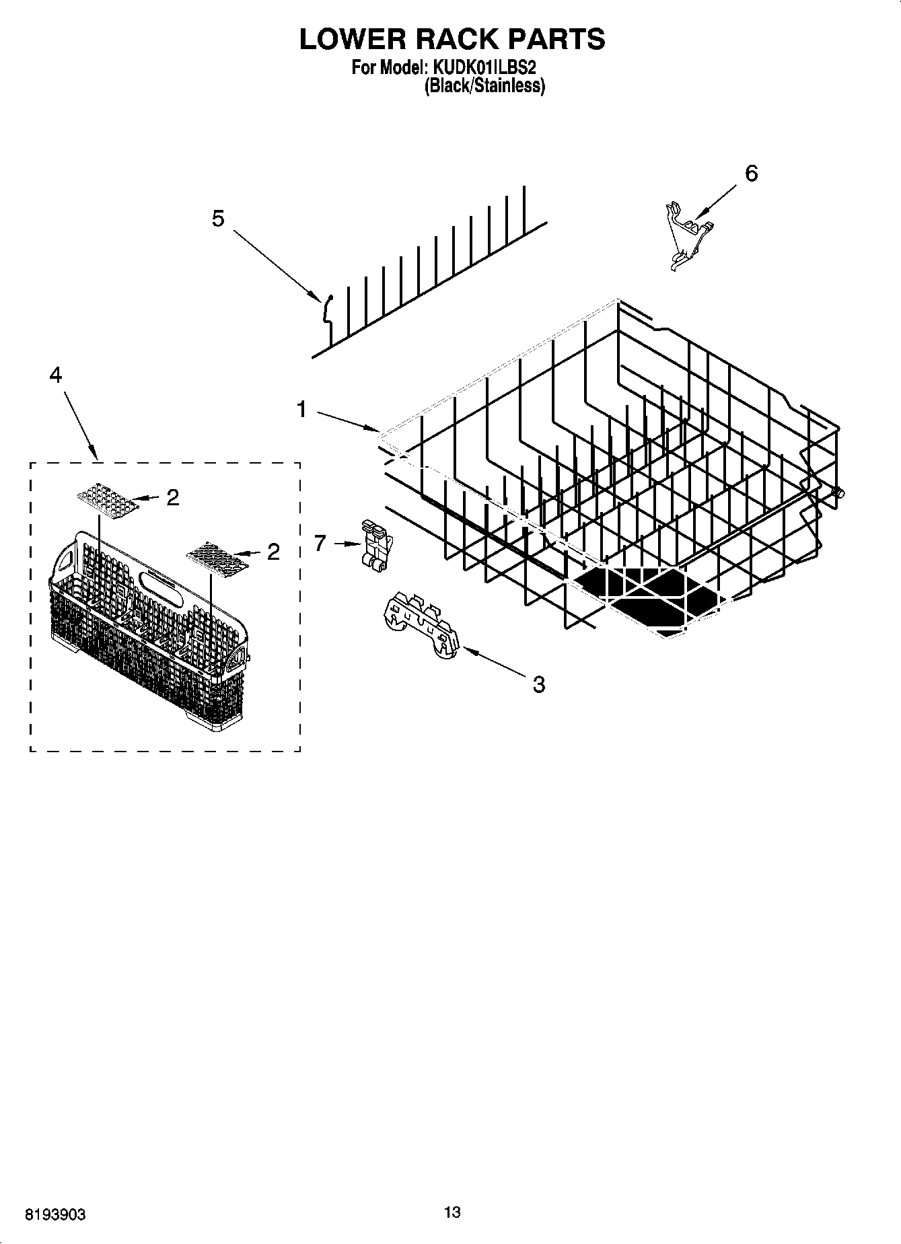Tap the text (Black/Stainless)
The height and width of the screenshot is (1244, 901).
coord(484,86)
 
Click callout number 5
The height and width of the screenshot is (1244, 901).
coord(218,218)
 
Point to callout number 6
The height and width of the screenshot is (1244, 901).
coord(751,174)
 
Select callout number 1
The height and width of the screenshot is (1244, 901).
coord(301,409)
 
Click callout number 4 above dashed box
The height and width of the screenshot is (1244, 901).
coord(56,375)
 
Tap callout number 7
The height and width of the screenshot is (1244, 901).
coord(320,543)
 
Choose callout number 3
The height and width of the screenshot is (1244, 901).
coord(538,685)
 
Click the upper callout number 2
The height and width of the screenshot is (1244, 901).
coord(173,498)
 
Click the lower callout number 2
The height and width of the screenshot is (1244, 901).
coord(273,552)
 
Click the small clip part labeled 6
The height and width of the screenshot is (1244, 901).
coord(686,232)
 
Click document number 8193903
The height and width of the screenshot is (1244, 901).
coord(55,1215)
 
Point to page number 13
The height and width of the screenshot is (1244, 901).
coord(452,1212)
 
